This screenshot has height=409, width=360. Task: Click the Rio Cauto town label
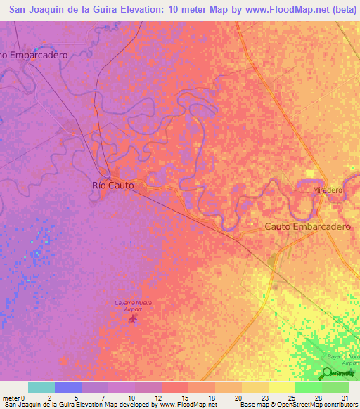112,186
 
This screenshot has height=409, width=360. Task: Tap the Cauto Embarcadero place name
307,226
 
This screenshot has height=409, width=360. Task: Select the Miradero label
327,190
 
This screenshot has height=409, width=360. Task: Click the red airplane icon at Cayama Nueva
133,319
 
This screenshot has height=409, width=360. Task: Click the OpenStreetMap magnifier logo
329,373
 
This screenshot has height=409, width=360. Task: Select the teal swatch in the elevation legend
41,387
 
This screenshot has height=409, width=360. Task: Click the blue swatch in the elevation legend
67,387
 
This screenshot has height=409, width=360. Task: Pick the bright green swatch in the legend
308,387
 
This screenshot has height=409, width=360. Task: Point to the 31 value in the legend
344,398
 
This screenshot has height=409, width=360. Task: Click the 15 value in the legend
184,398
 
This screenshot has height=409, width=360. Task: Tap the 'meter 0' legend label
14,398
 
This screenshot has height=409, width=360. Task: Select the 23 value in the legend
264,398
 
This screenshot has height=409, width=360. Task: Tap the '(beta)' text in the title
338,9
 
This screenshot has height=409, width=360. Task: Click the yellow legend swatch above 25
281,387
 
